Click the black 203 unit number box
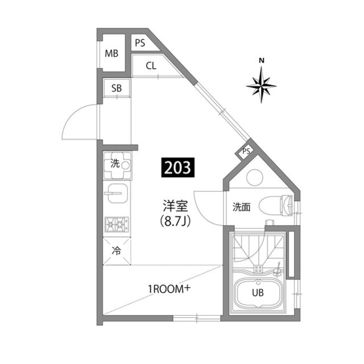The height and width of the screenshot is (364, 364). (x=178, y=167)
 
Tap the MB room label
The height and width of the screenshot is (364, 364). (x=111, y=54)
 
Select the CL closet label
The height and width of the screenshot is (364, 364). (x=151, y=66)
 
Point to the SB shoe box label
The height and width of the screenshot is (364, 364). (x=117, y=88)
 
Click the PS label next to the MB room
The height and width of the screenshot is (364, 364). (x=140, y=43)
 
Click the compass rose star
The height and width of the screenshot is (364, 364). (x=262, y=85)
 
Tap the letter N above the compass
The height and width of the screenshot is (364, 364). (x=262, y=61)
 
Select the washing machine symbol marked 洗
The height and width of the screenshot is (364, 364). (x=118, y=166)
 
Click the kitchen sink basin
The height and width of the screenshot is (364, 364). (x=118, y=193)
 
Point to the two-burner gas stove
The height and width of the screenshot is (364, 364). (x=117, y=224)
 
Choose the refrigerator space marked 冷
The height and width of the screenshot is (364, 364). (x=117, y=251)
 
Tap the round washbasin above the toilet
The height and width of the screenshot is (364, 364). (x=255, y=178)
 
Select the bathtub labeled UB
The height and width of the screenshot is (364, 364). (x=258, y=293)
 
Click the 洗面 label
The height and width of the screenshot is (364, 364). (x=241, y=207)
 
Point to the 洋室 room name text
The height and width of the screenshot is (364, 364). (x=175, y=206)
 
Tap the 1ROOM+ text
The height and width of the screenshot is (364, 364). (x=169, y=289)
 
